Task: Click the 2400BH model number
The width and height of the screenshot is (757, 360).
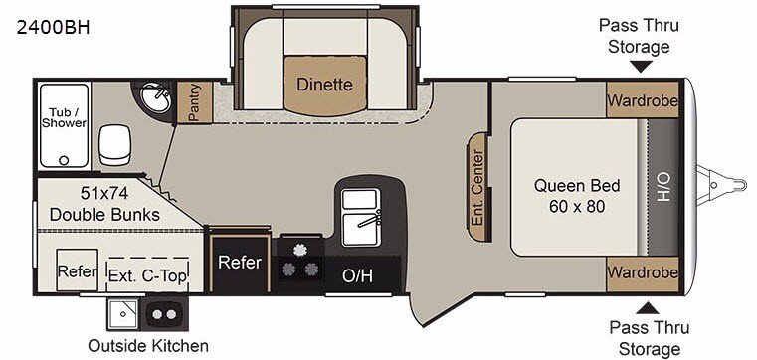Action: pyautogui.click(x=53, y=28)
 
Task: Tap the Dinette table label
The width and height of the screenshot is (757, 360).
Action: pyautogui.click(x=324, y=85)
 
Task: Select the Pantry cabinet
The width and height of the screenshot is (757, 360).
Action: pyautogui.click(x=195, y=101)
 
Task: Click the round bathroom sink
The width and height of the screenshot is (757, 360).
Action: pyautogui.click(x=155, y=98)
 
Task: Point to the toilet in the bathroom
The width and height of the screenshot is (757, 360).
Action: pyautogui.click(x=114, y=144)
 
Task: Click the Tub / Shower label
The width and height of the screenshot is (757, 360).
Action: pyautogui.click(x=64, y=117)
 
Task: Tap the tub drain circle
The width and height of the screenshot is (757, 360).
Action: pyautogui.click(x=64, y=160)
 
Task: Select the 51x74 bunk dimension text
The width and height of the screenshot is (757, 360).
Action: pyautogui.click(x=104, y=194)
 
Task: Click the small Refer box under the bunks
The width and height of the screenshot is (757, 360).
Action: pyautogui.click(x=77, y=270)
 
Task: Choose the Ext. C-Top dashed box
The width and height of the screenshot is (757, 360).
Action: pyautogui.click(x=147, y=274)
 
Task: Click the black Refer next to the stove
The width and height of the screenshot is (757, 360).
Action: pyautogui.click(x=240, y=263)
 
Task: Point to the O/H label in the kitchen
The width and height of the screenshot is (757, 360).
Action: pyautogui.click(x=357, y=276)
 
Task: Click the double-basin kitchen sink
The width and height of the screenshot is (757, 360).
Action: pyautogui.click(x=360, y=217)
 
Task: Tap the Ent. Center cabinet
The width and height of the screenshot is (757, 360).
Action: pyautogui.click(x=477, y=187)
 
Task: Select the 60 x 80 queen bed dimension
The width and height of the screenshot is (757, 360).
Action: pyautogui.click(x=577, y=207)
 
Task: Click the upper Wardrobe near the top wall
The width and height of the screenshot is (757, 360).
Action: pyautogui.click(x=643, y=99)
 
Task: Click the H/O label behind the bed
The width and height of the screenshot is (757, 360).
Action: pyautogui.click(x=663, y=186)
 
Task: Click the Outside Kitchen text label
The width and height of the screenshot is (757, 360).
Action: pyautogui.click(x=148, y=345)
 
